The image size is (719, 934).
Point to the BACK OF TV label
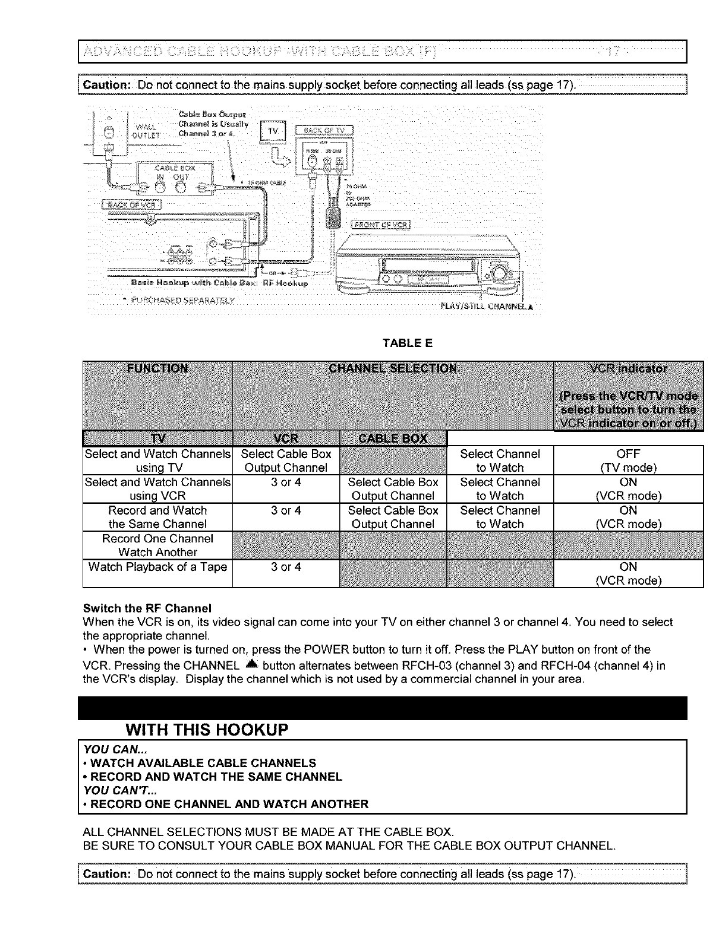[x=327, y=131]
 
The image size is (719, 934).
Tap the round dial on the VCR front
[x=498, y=273]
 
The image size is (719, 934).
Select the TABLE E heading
[x=408, y=343]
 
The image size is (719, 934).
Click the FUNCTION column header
[x=157, y=368]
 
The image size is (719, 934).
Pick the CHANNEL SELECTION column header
[x=393, y=368]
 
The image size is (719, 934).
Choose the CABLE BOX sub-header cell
[x=393, y=438]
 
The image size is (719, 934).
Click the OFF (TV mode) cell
[x=628, y=460]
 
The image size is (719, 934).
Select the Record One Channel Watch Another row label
[x=157, y=545]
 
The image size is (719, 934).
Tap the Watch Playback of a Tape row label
[x=157, y=567]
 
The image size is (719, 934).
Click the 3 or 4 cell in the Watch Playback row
[x=286, y=567]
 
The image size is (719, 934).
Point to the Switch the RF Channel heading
[x=147, y=608]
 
